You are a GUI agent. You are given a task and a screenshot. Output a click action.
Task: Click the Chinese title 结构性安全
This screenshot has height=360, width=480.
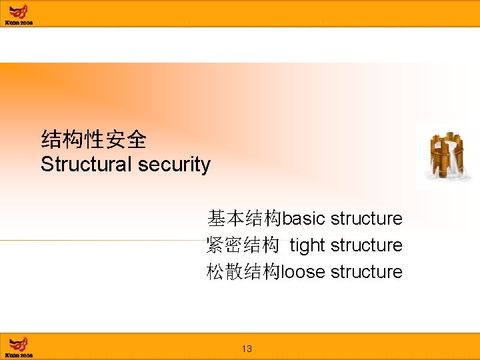93,139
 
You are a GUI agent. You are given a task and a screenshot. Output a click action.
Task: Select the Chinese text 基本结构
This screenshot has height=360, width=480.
245,219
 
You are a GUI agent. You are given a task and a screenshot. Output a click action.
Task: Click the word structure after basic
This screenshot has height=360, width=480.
367,219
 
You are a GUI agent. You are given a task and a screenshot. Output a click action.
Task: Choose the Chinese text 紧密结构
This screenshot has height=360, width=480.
243,245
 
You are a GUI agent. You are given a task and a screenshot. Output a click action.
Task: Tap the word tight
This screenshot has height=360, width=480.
307,246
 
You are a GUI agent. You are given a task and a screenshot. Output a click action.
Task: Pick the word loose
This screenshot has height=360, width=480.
304,272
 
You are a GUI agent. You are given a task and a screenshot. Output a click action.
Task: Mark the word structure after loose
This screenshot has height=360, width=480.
367,272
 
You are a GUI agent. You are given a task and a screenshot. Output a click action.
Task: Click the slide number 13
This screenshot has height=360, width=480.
247,349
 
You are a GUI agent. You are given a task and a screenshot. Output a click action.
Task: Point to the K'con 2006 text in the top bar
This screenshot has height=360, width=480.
19,22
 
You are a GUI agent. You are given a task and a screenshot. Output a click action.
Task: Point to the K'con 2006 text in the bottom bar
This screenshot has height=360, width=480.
19,355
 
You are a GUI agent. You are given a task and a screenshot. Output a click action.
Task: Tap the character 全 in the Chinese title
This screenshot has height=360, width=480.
137,139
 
